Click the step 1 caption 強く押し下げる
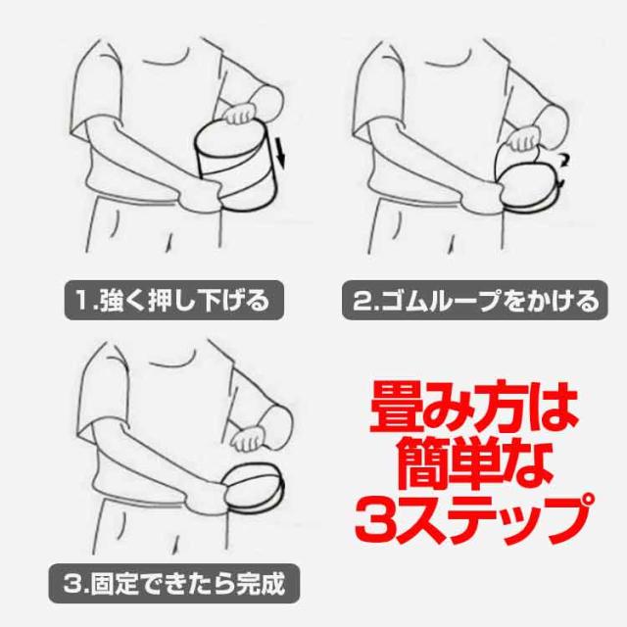[x=184, y=301]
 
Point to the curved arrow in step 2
[x=563, y=169]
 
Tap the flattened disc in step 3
[x=255, y=486]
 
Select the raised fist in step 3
[x=249, y=438]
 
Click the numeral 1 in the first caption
[x=82, y=301]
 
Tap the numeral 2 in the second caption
[x=362, y=301]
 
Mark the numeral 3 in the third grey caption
[x=72, y=584]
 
